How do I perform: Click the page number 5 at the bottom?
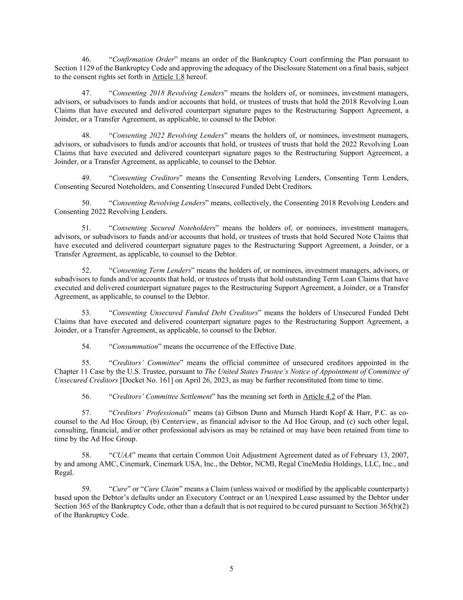pos(231,569)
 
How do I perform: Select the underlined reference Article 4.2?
pos(319,396)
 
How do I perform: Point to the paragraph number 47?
pos(86,93)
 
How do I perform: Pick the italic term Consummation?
pos(135,346)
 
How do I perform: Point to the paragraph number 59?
pos(86,489)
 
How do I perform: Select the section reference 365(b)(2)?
pos(393,506)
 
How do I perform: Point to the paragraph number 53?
pos(86,313)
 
